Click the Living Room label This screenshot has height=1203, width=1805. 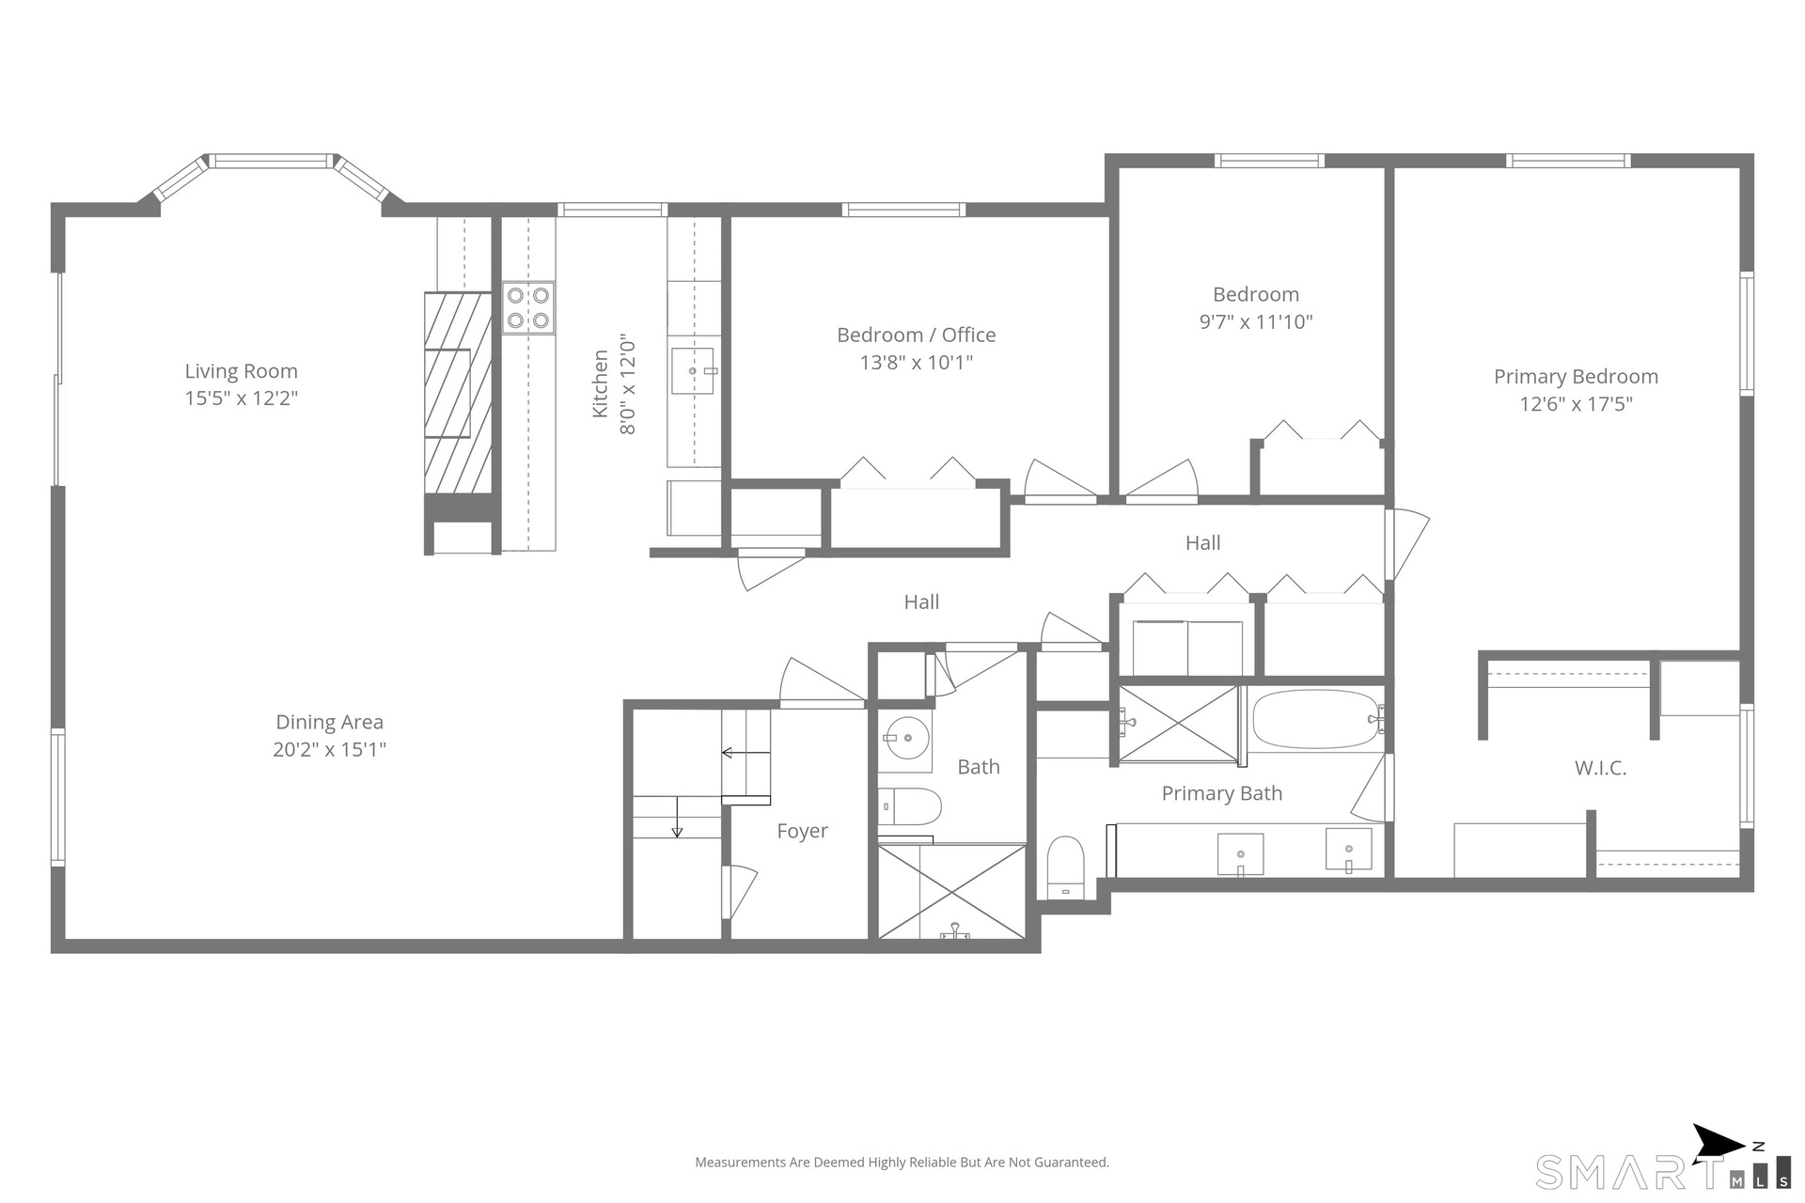pyautogui.click(x=241, y=371)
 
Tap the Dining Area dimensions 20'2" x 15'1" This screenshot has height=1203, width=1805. pyautogui.click(x=330, y=749)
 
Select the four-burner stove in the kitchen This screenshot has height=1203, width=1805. pyautogui.click(x=528, y=308)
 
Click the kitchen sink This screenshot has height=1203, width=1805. pyautogui.click(x=694, y=370)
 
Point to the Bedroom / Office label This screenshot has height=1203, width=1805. pyautogui.click(x=917, y=335)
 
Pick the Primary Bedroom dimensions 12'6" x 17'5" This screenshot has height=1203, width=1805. pyautogui.click(x=1577, y=404)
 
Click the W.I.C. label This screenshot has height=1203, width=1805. pyautogui.click(x=1600, y=768)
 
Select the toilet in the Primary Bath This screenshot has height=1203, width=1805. pyautogui.click(x=1066, y=867)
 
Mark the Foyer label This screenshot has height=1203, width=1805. pyautogui.click(x=802, y=831)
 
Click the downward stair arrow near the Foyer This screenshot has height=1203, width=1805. pyautogui.click(x=677, y=817)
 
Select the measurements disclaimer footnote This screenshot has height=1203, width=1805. pyautogui.click(x=902, y=1163)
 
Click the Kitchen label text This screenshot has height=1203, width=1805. pyautogui.click(x=601, y=383)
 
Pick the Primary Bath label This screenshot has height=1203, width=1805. pyautogui.click(x=1222, y=793)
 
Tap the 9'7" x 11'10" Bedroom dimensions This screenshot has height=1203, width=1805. pyautogui.click(x=1256, y=321)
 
